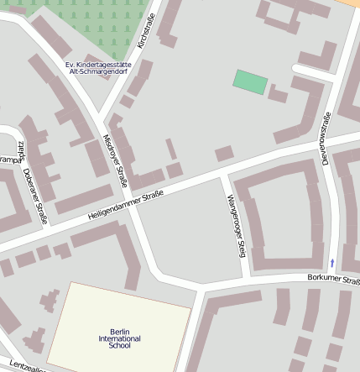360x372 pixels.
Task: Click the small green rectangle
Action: [x=250, y=82]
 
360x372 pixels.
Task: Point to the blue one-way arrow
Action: [x=331, y=263]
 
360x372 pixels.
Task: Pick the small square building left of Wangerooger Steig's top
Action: [x=223, y=154]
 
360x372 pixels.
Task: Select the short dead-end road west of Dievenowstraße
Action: [x=312, y=69]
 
